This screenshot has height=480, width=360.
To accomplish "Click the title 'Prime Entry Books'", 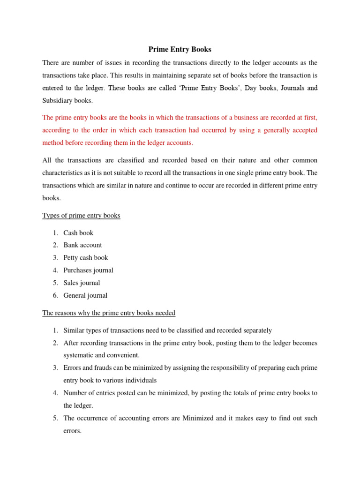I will coord(180,49).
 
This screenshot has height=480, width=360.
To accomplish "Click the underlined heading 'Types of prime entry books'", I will coord(81,216).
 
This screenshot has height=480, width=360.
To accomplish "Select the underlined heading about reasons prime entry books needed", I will coord(109,313).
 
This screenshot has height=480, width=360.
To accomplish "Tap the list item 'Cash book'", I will coord(78,233).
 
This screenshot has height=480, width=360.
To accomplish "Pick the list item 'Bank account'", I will coord(82,245).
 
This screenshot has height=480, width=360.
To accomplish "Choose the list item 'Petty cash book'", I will coord(85,258).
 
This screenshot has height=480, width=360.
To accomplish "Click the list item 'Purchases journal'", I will coord(88,270).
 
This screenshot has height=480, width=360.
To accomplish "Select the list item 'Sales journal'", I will coord(82,283).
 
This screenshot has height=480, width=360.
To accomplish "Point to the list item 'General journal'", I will coord(85,296).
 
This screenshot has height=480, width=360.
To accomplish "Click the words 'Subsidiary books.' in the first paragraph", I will coord(67,100).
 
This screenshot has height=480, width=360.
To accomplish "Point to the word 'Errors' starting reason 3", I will coord(73,368).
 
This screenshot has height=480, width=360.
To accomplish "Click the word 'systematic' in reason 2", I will coord(78,355).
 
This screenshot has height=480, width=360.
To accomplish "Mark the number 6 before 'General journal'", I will coord(55,296).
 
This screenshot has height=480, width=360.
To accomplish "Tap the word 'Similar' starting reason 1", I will coord(75,330).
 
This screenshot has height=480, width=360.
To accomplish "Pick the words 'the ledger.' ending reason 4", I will coord(79,405).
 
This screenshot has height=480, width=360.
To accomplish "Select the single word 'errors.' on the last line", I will coord(72,431).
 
